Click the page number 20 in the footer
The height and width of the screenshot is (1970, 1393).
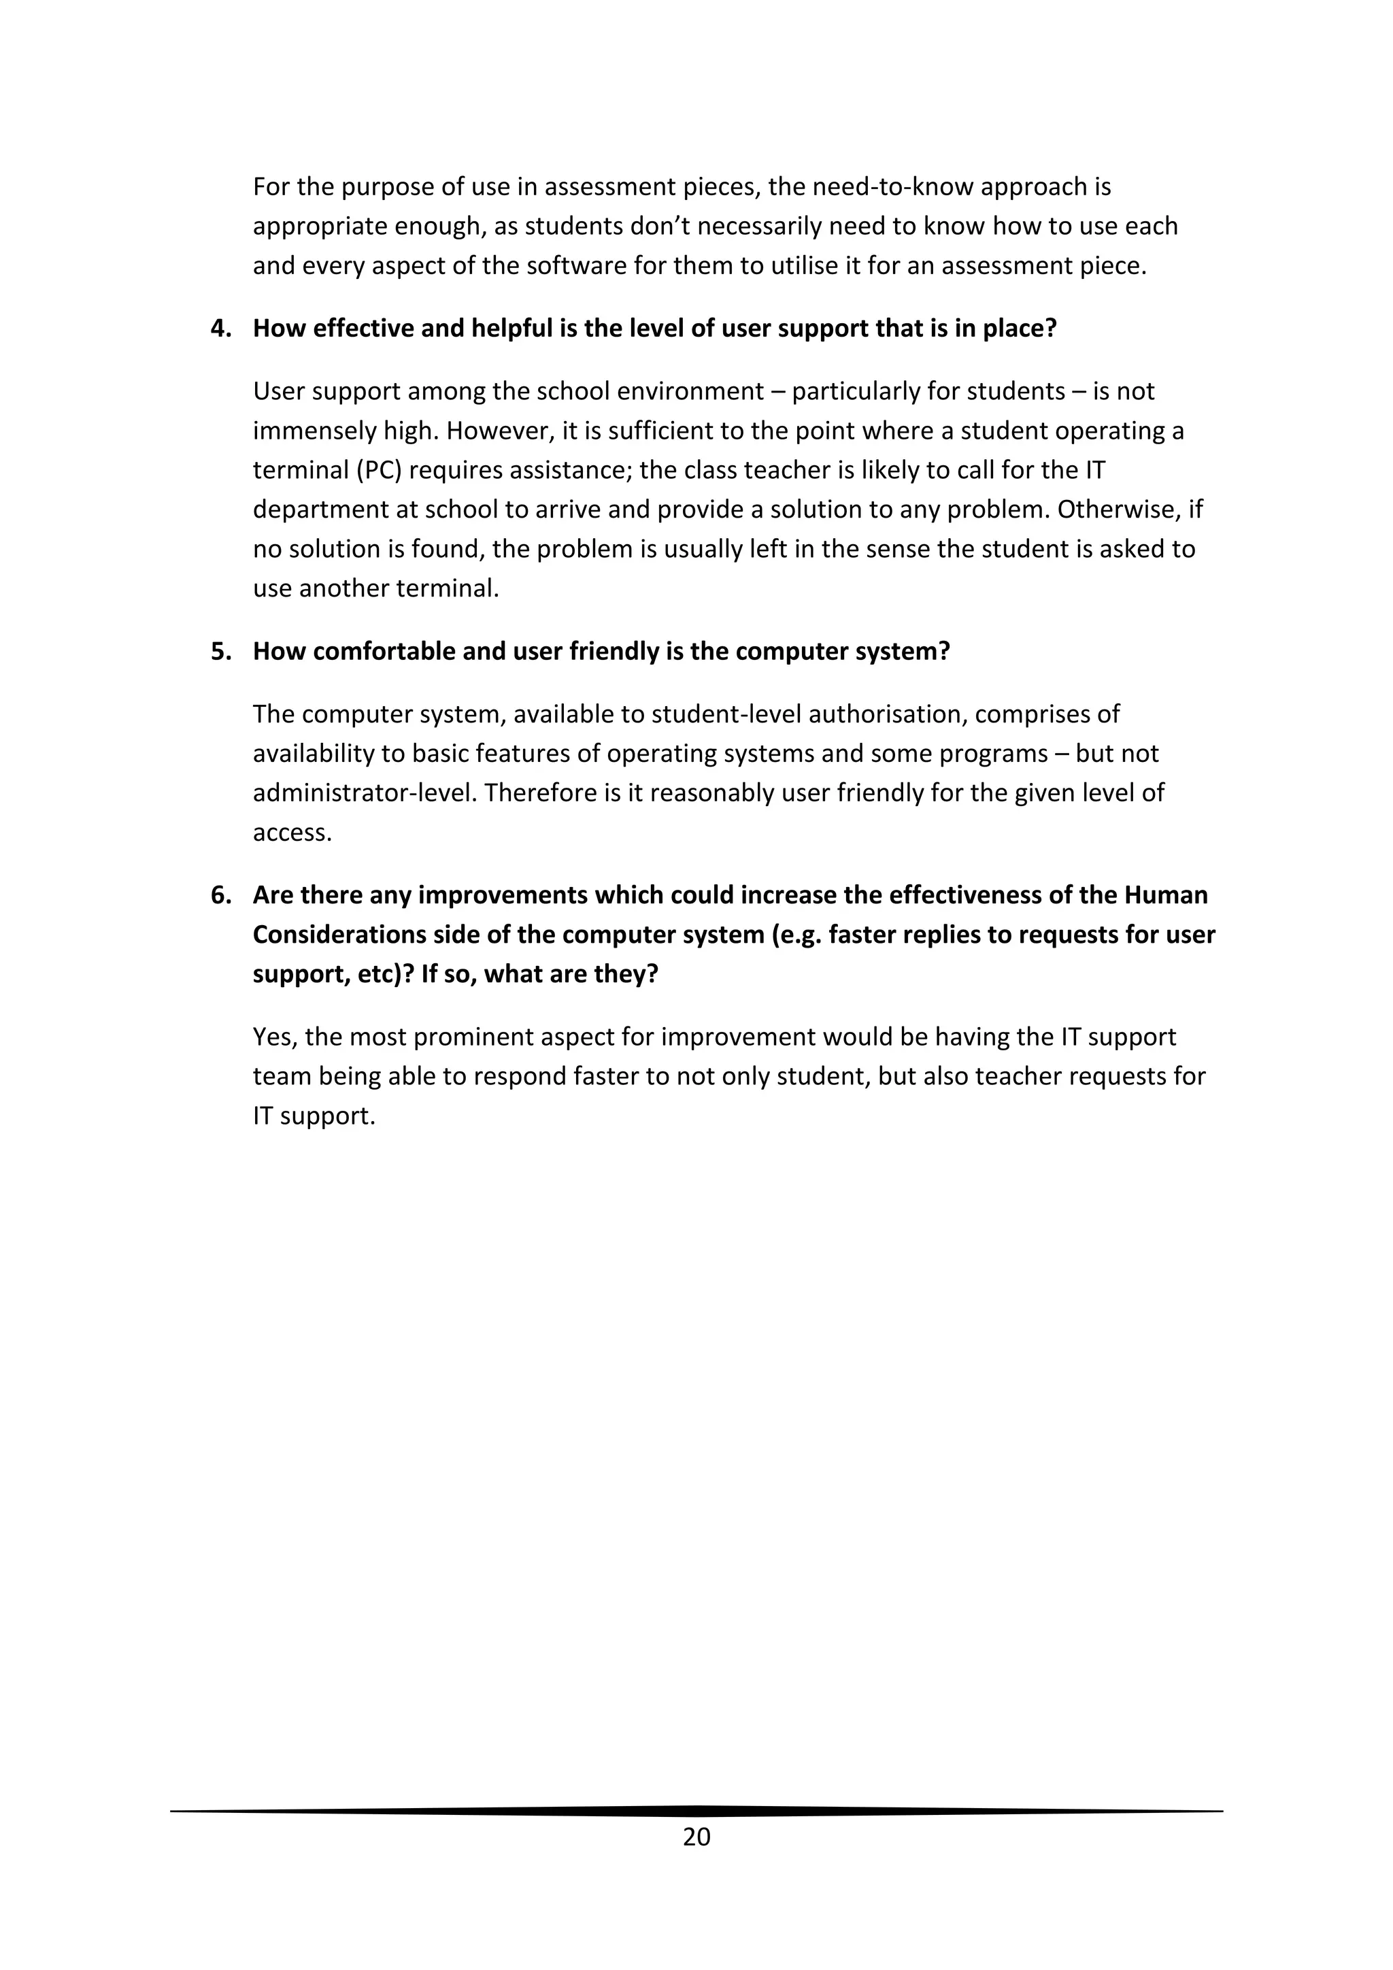point(696,1836)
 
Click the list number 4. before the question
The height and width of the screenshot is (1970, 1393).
point(221,329)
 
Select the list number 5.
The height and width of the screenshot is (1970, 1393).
point(221,651)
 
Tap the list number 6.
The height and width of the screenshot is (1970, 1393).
point(221,895)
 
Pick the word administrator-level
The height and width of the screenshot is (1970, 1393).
point(364,792)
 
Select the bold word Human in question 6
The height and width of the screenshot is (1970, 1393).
point(1165,895)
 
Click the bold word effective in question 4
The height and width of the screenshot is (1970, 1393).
point(362,329)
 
